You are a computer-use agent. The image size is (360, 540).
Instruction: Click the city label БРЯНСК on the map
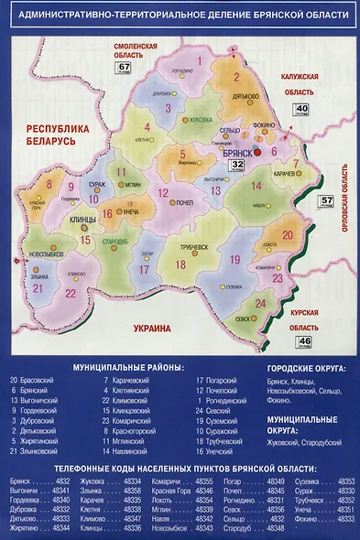242,154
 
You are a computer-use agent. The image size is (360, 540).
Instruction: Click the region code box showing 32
236,166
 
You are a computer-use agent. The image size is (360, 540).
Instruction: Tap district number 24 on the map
259,303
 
